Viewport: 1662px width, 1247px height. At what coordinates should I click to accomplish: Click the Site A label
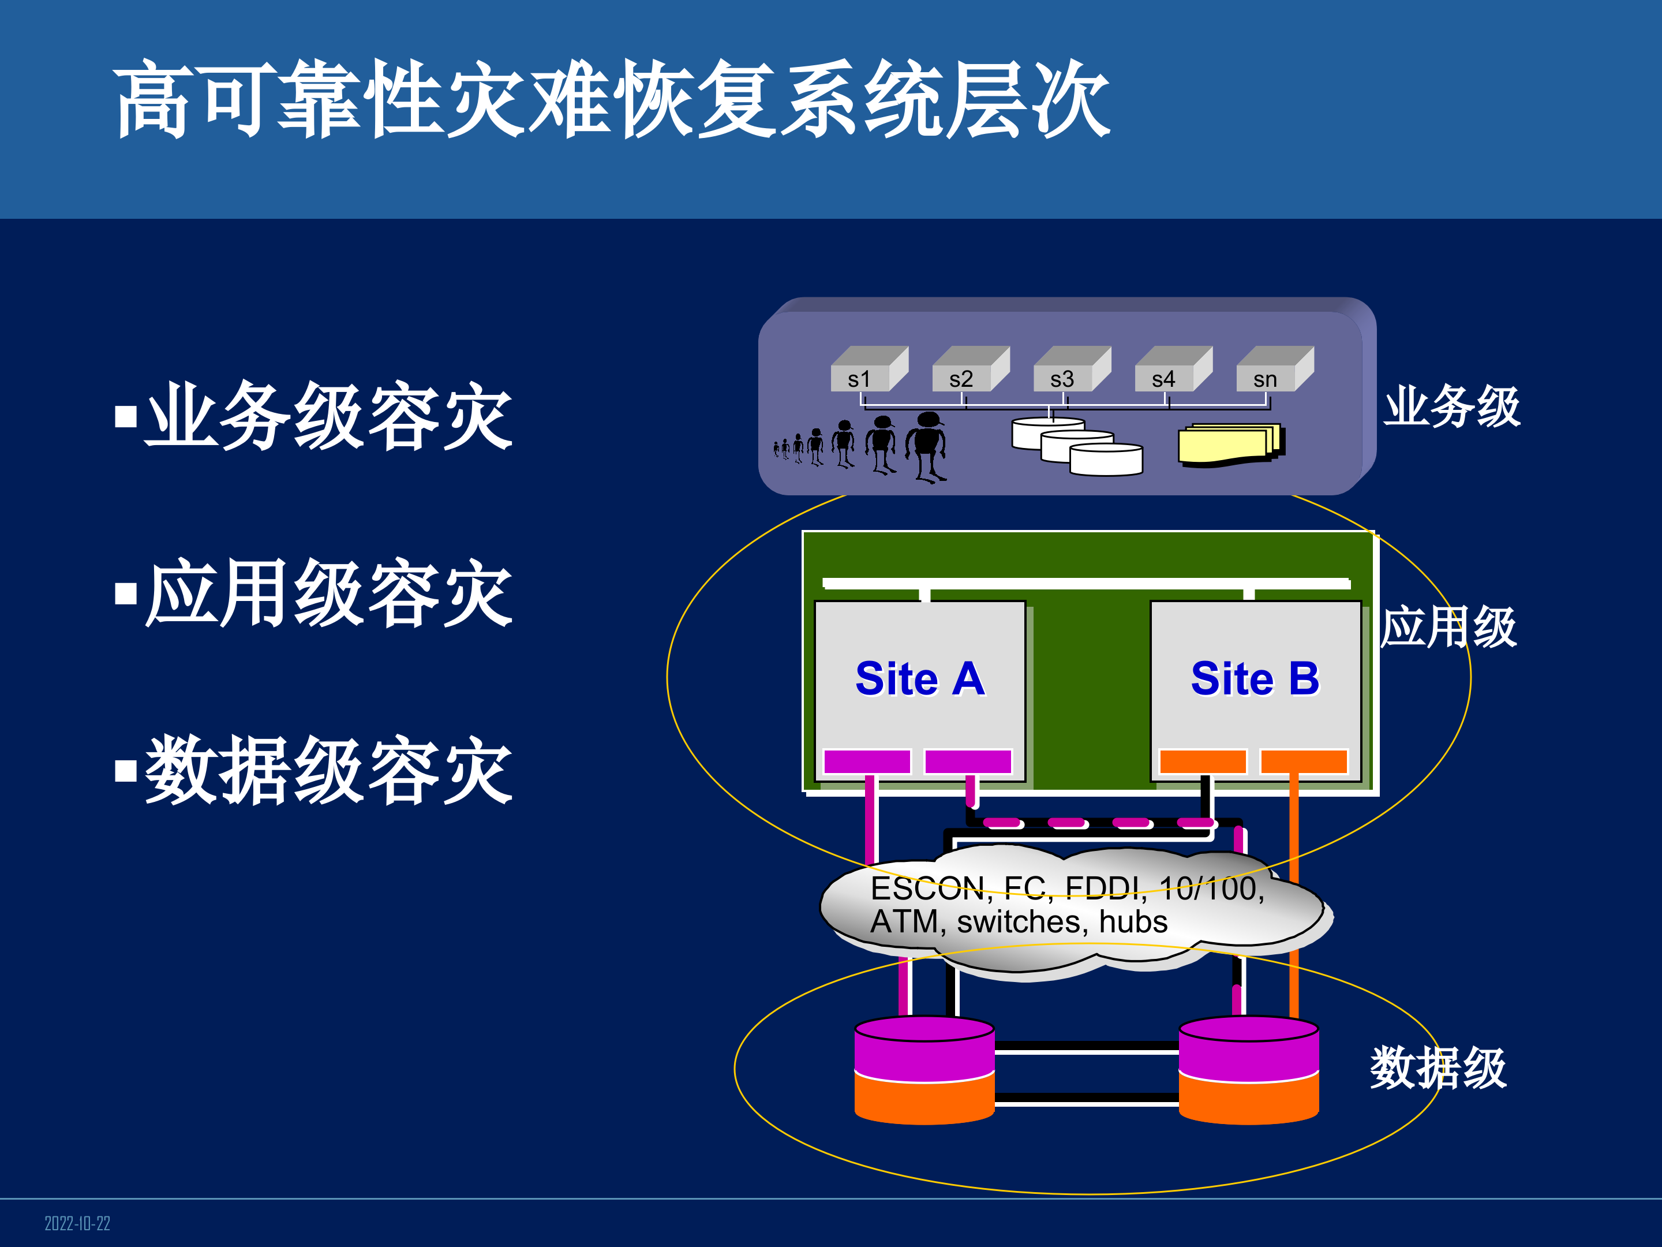920,679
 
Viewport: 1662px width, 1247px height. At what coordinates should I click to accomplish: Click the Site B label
1255,679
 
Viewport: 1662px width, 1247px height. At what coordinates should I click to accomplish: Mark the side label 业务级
1451,406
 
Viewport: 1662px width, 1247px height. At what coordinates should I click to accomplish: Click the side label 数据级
1438,1067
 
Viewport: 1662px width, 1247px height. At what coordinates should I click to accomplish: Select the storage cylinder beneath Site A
924,1070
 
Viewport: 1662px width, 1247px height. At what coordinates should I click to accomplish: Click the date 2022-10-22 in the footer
77,1223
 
